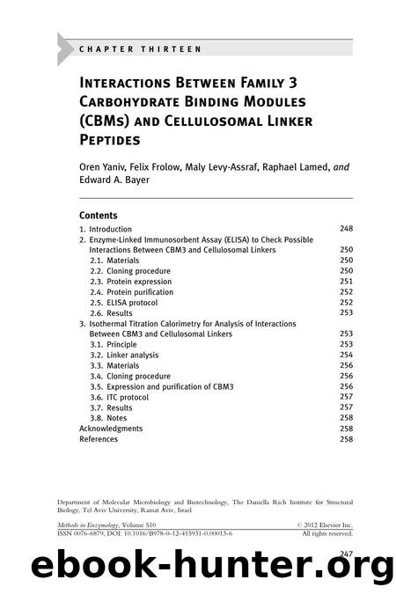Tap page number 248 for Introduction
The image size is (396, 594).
[346, 229]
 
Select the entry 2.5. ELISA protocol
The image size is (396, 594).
[129, 302]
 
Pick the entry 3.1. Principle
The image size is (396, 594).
[119, 344]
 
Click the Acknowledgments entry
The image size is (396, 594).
[111, 429]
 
